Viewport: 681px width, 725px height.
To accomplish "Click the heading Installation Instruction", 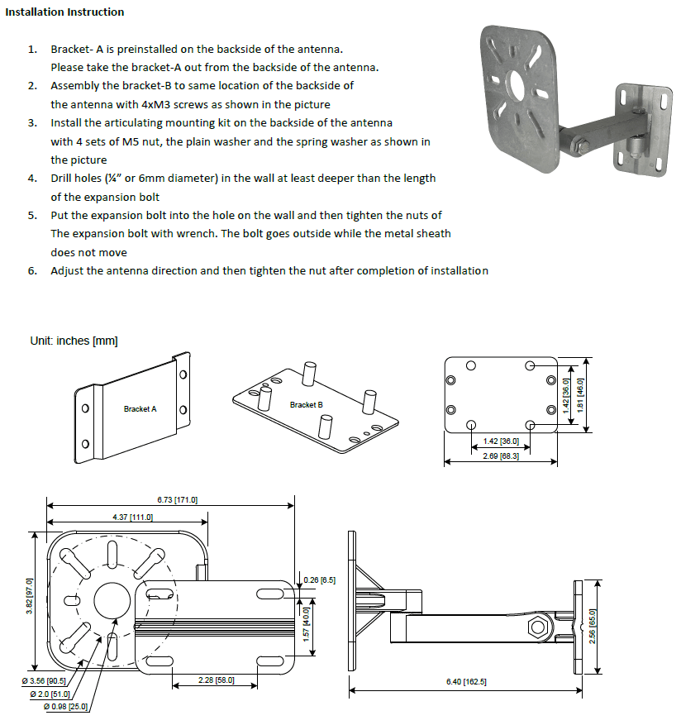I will click(64, 12).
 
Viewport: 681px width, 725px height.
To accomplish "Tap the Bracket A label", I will click(140, 409).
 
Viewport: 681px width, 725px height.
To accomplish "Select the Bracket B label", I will click(307, 405).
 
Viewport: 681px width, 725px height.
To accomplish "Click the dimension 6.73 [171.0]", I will click(178, 500).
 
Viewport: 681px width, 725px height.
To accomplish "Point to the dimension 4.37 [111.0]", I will click(133, 517).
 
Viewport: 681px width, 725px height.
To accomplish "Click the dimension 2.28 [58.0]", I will click(217, 680).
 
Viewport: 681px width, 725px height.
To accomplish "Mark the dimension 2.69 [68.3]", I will click(501, 456).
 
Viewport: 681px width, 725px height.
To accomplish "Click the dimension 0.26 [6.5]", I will click(320, 580).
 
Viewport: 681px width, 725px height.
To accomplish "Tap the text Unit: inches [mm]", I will click(74, 341).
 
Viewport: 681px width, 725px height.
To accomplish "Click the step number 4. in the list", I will click(32, 179).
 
